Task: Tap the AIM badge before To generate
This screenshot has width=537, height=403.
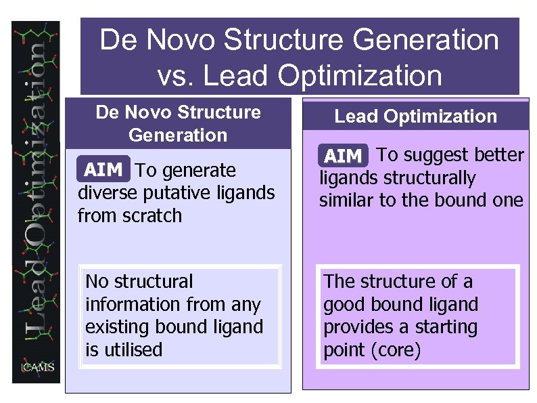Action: tap(103, 169)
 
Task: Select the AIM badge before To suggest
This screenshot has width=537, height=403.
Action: tap(343, 156)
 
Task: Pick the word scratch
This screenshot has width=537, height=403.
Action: tap(149, 216)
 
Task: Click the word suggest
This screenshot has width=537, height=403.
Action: tap(430, 155)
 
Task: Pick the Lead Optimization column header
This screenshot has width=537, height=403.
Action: tap(415, 116)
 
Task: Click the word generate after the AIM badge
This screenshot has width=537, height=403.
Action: tap(200, 170)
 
